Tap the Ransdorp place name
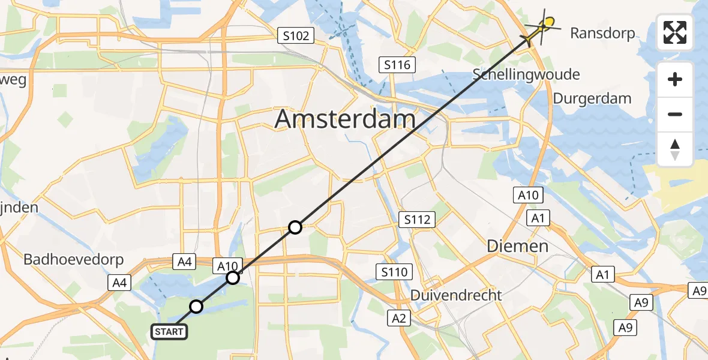click(602, 34)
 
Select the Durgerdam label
click(592, 98)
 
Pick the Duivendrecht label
click(455, 295)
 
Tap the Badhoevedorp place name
click(73, 260)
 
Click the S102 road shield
click(296, 36)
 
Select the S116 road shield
click(398, 64)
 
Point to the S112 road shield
click(417, 220)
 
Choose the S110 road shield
click(394, 272)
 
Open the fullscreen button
click(675, 32)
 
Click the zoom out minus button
click(675, 114)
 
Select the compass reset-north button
click(675, 149)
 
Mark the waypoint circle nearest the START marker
click(196, 307)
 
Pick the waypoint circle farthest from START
click(295, 227)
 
